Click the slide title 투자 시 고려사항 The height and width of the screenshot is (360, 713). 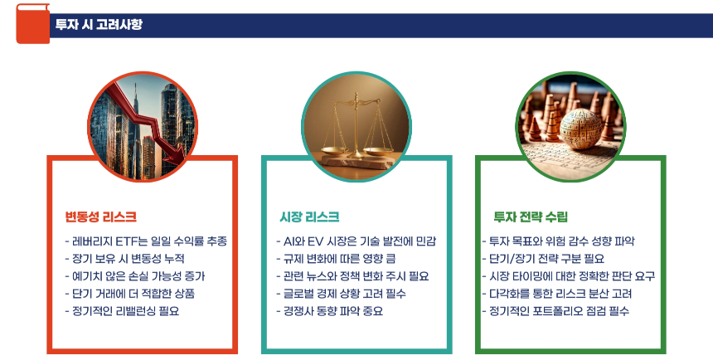(99, 25)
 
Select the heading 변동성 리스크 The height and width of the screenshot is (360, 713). (101, 217)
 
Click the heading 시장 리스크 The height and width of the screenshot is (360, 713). (309, 217)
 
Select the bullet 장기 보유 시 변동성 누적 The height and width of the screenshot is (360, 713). (124, 259)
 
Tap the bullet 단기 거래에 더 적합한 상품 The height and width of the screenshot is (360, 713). (129, 294)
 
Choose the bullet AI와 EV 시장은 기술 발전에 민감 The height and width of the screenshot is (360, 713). (356, 241)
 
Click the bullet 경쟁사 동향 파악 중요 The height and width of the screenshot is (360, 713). (328, 311)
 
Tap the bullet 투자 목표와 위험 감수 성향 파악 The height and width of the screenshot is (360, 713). (558, 241)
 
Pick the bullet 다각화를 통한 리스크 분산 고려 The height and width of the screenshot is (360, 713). (556, 294)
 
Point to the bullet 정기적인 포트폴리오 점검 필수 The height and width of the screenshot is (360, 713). (555, 311)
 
